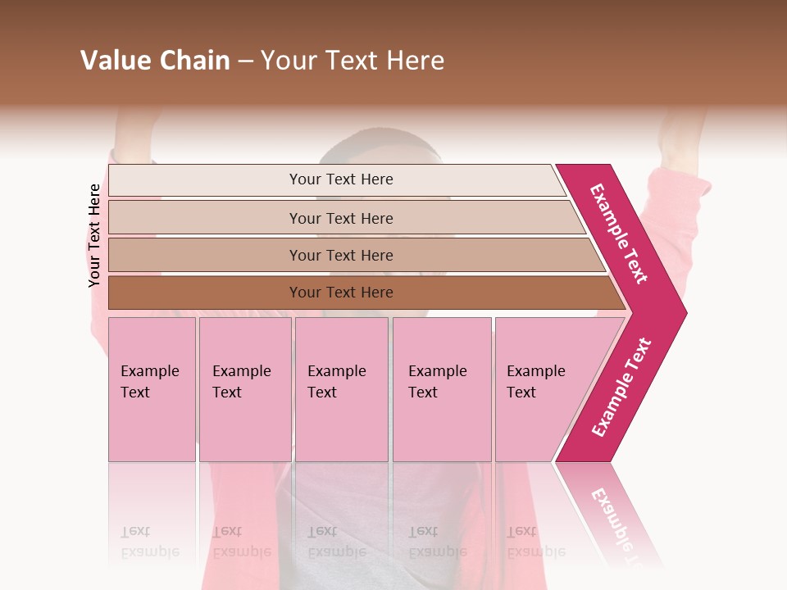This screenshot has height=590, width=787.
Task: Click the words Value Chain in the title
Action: tap(155, 61)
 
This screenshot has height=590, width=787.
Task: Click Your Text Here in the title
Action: tap(353, 61)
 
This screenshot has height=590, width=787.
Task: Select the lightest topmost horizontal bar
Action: tap(205, 180)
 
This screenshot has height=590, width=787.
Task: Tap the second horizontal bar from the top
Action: tap(205, 218)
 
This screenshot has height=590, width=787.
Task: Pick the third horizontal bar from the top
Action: tap(205, 255)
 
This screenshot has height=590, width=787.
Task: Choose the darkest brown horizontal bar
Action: tap(205, 293)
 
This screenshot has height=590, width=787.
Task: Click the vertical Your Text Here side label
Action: tap(94, 235)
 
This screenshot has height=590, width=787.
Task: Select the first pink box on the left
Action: tap(152, 426)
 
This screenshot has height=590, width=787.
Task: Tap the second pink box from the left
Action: tap(245, 426)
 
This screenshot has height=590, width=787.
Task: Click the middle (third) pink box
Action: tap(341, 426)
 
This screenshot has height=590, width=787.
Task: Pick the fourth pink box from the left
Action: tap(442, 426)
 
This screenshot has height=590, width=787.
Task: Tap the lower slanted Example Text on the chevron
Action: tap(621, 387)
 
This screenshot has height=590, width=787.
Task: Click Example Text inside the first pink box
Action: tap(149, 382)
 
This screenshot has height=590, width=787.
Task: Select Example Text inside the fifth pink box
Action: tap(535, 382)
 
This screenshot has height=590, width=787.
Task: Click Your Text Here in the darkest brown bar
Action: tap(341, 293)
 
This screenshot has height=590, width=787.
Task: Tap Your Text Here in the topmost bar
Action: tap(341, 179)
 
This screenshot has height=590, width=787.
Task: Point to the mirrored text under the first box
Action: tap(149, 542)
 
